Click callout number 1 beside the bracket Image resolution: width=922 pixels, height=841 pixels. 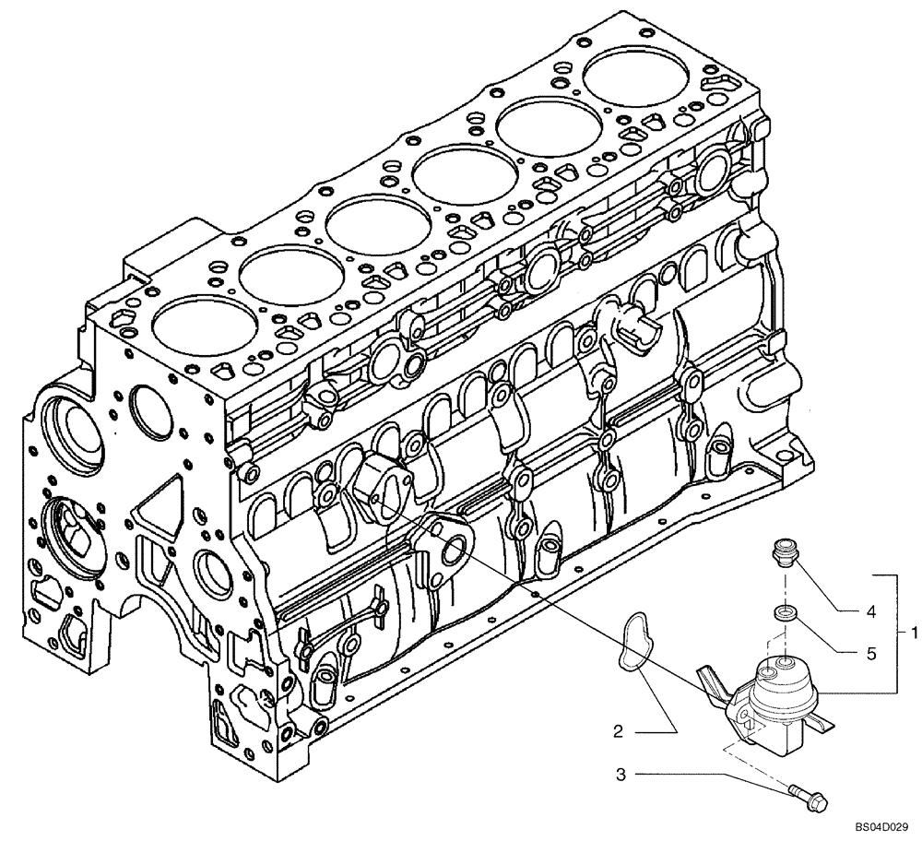pyautogui.click(x=913, y=633)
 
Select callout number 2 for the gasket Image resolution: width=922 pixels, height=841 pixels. pyautogui.click(x=620, y=732)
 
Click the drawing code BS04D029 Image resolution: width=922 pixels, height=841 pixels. pyautogui.click(x=881, y=828)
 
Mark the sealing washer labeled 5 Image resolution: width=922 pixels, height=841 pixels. pyautogui.click(x=784, y=614)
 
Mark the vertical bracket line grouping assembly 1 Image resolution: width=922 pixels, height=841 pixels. pyautogui.click(x=896, y=633)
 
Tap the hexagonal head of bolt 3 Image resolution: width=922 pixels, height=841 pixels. pyautogui.click(x=815, y=800)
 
